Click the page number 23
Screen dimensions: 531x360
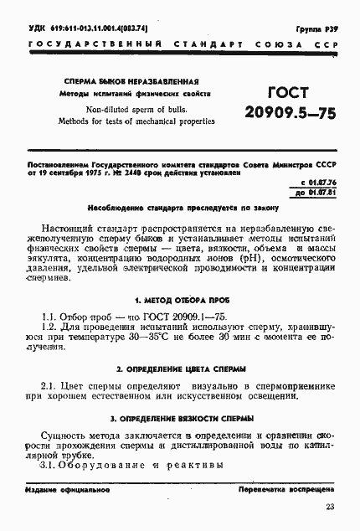329,507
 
